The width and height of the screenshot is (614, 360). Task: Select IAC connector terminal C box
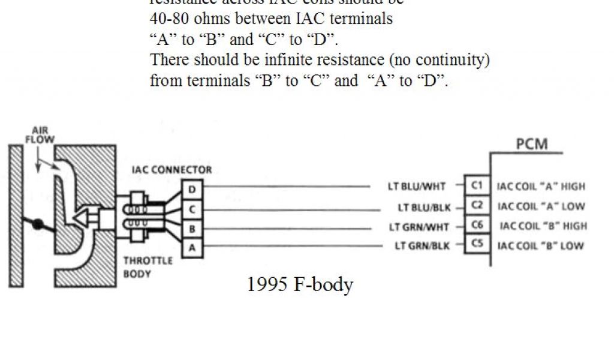point(192,209)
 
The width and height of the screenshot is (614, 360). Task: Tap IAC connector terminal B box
point(192,229)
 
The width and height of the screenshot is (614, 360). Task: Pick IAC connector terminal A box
point(192,247)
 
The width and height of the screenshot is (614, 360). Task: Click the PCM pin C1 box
point(477,186)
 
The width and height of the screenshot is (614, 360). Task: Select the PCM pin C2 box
point(477,205)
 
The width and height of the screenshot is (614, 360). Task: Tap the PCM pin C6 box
point(477,225)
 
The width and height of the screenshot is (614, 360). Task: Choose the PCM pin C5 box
point(477,244)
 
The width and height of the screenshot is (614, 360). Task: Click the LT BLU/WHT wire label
point(417,187)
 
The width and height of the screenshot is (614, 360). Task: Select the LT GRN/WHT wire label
point(417,227)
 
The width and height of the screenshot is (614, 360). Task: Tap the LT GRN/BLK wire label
point(420,246)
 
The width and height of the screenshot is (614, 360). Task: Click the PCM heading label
point(531,145)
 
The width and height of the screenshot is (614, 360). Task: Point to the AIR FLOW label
point(40,134)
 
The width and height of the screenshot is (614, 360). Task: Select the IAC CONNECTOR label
point(171,170)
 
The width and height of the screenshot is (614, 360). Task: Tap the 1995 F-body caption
point(300,284)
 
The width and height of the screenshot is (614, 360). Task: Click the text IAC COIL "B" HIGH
point(543,226)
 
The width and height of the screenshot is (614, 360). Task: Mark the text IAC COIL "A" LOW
point(541,206)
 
